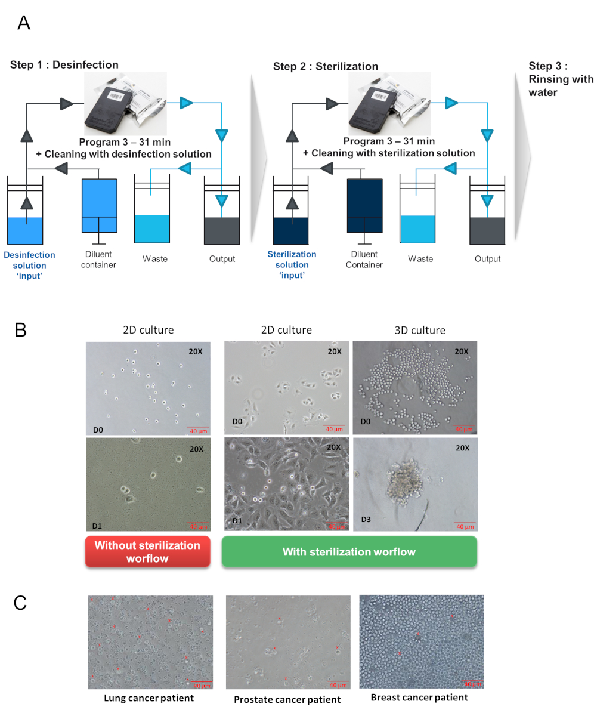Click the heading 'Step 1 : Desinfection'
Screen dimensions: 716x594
64,64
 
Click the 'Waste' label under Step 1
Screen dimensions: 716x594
155,259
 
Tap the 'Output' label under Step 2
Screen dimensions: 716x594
488,259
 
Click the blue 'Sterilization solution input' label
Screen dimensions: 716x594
292,264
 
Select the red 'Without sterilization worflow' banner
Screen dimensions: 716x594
147,551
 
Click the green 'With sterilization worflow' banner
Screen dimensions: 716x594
348,551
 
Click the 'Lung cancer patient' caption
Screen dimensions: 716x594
148,698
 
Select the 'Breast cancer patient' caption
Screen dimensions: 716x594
419,697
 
